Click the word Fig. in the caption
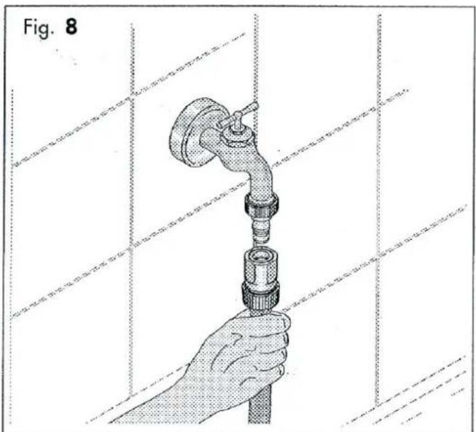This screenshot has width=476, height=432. (39, 28)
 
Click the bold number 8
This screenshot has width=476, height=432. (71, 26)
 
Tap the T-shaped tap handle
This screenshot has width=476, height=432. (238, 116)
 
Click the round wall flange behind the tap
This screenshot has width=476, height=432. (188, 132)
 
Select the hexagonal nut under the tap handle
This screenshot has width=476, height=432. (238, 137)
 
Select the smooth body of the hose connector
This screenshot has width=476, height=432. (260, 271)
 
